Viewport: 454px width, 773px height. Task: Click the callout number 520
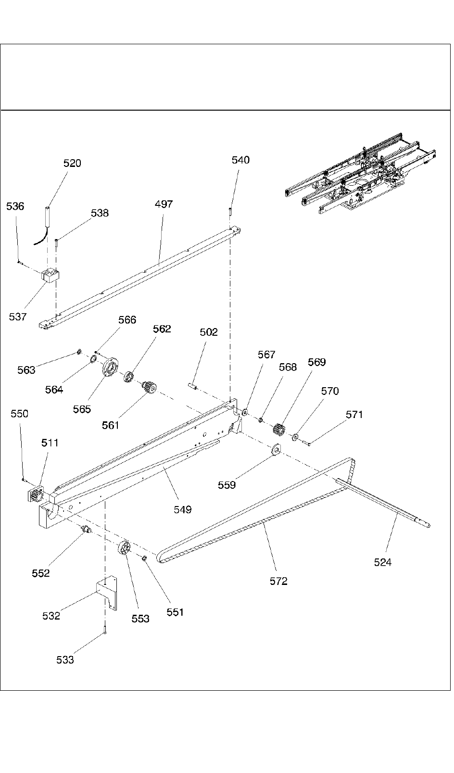tap(72, 164)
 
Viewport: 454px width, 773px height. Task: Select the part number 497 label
tap(164, 204)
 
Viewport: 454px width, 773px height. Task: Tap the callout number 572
tap(278, 581)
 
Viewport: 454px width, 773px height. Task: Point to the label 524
tap(383, 562)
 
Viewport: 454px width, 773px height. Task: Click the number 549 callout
tap(183, 509)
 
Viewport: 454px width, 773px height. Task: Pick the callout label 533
tap(65, 660)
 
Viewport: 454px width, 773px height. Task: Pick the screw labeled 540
tap(231, 211)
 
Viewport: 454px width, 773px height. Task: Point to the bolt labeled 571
tap(307, 443)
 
